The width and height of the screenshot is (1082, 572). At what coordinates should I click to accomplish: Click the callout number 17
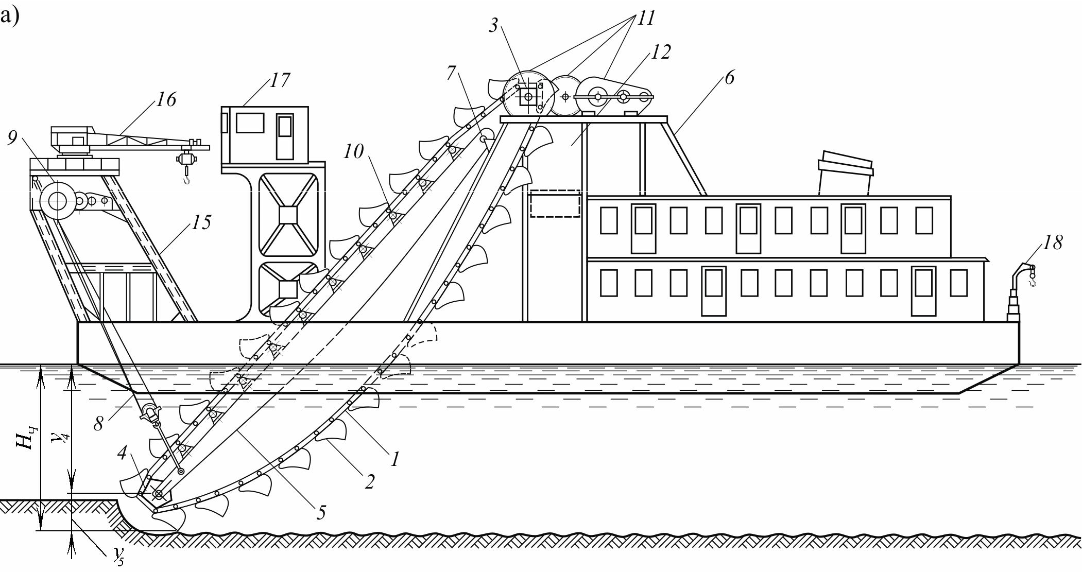pos(280,80)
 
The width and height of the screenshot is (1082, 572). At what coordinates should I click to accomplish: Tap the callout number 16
pos(166,99)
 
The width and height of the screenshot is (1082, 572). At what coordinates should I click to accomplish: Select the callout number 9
pos(12,137)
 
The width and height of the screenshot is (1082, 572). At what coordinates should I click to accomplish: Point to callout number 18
pos(1053,242)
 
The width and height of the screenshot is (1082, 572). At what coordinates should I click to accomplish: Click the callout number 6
pos(729,77)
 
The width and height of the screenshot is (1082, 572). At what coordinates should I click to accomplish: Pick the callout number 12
pos(661,52)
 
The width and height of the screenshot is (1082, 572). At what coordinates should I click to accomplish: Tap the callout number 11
pos(646,18)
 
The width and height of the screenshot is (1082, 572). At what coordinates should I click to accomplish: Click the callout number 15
pos(201,222)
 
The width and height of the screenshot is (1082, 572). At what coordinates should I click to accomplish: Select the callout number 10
pos(354,151)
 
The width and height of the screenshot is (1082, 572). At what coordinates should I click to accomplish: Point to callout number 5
pos(321,512)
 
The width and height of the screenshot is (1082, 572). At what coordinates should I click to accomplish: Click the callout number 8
pos(98,423)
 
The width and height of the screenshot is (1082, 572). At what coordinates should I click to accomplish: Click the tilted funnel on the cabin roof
pos(846,172)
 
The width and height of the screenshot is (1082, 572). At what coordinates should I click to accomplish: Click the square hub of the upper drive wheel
pos(528,96)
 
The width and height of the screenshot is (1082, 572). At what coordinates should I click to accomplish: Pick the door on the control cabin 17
pos(285,136)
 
